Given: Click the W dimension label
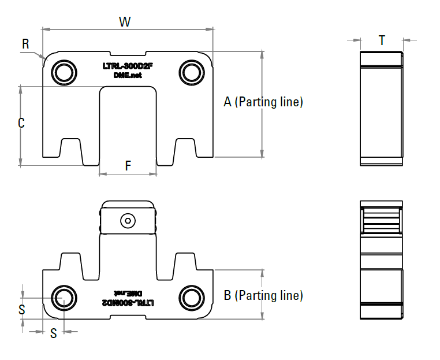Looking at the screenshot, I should pyautogui.click(x=125, y=22).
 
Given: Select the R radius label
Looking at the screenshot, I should pyautogui.click(x=25, y=44).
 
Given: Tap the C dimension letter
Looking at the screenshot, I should pyautogui.click(x=21, y=123).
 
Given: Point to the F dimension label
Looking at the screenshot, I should pyautogui.click(x=128, y=166).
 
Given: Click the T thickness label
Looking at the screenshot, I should pyautogui.click(x=382, y=40).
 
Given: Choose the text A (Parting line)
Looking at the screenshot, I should pyautogui.click(x=263, y=102).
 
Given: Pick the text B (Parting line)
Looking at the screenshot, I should pyautogui.click(x=263, y=296).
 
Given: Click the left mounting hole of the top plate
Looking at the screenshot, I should pyautogui.click(x=64, y=72).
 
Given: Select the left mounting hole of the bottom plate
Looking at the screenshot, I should pyautogui.click(x=64, y=296).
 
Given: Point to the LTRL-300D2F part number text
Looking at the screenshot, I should pyautogui.click(x=128, y=66).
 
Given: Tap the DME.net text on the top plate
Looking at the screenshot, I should pyautogui.click(x=128, y=76).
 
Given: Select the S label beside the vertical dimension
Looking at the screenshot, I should pyautogui.click(x=22, y=310).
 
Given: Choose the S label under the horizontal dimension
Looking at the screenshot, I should pyautogui.click(x=53, y=333).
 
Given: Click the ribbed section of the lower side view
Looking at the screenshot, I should pyautogui.click(x=381, y=221).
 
